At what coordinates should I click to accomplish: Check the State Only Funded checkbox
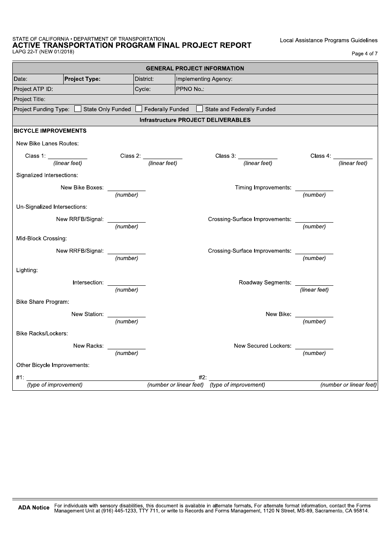78,109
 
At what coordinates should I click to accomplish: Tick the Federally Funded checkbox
139,109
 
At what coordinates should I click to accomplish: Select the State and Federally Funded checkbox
200,109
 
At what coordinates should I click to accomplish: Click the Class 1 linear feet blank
68,156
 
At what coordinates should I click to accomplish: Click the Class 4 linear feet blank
353,156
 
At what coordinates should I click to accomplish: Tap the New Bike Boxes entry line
126,188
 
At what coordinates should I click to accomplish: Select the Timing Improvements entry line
314,188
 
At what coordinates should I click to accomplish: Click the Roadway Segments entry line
314,282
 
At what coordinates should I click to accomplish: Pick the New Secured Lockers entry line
314,346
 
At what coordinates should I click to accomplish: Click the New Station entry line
126,314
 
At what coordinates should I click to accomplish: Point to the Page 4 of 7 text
365,54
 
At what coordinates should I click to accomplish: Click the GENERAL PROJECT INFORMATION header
195,68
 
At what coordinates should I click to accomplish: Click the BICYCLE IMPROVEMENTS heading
50,131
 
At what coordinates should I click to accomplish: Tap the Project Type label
83,79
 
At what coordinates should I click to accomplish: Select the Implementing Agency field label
204,79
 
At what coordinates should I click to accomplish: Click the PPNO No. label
190,89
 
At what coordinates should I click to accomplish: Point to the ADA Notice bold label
34,508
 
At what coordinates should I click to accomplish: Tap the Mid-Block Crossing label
41,239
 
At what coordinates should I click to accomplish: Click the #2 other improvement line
293,378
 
